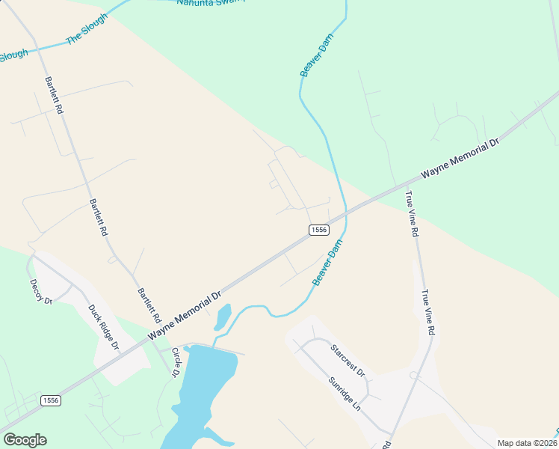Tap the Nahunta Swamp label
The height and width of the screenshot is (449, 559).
point(211,2)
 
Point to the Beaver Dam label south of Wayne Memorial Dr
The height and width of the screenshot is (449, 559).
point(327,262)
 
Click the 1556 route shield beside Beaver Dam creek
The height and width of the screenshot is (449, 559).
point(318,230)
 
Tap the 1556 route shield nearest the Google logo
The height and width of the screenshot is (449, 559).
point(51,400)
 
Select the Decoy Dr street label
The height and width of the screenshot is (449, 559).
point(40,292)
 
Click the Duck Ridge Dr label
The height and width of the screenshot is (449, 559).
point(104,327)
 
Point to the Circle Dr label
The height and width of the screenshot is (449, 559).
point(176,362)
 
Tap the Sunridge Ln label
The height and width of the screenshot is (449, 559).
point(345,393)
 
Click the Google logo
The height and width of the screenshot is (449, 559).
point(25,439)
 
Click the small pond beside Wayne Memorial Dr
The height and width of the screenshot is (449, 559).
point(223,317)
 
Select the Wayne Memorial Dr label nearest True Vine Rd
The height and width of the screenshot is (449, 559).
point(459,158)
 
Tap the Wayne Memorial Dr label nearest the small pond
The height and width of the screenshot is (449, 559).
point(185,314)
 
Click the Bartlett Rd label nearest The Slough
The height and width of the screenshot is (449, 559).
point(54,94)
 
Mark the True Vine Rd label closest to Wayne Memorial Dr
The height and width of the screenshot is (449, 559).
point(412,215)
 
